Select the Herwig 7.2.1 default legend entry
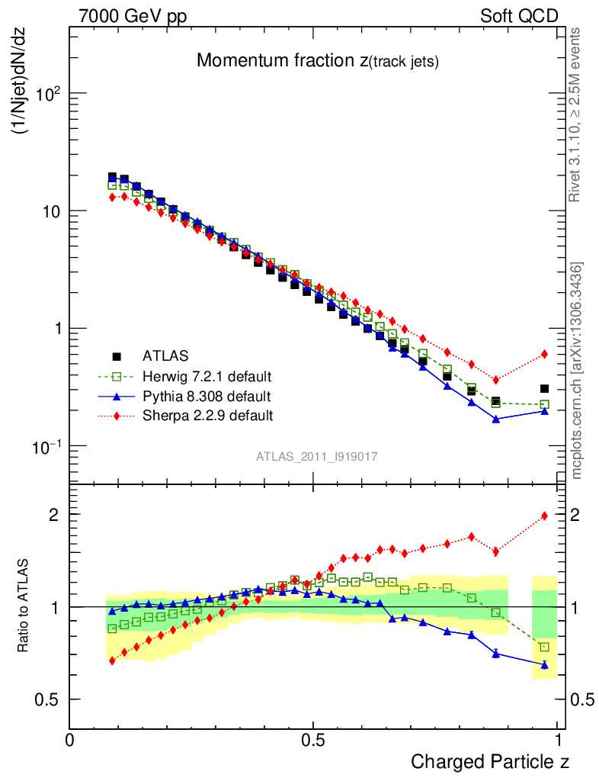point(207,376)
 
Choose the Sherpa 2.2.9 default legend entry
point(207,416)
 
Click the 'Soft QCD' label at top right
point(519,16)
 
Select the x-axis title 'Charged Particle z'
point(490,761)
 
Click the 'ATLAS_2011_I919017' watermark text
point(317,456)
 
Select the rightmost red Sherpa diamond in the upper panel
point(544,354)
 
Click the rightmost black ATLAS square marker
point(544,389)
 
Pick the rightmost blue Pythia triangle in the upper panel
point(544,411)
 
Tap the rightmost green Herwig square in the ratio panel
point(544,647)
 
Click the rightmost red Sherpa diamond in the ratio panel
point(544,516)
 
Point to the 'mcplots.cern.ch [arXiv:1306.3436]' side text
point(577,370)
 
